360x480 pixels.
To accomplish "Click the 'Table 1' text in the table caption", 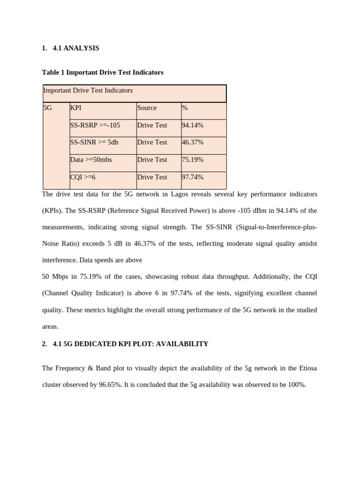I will [x=53, y=73].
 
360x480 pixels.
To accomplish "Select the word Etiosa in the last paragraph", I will [x=307, y=368].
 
